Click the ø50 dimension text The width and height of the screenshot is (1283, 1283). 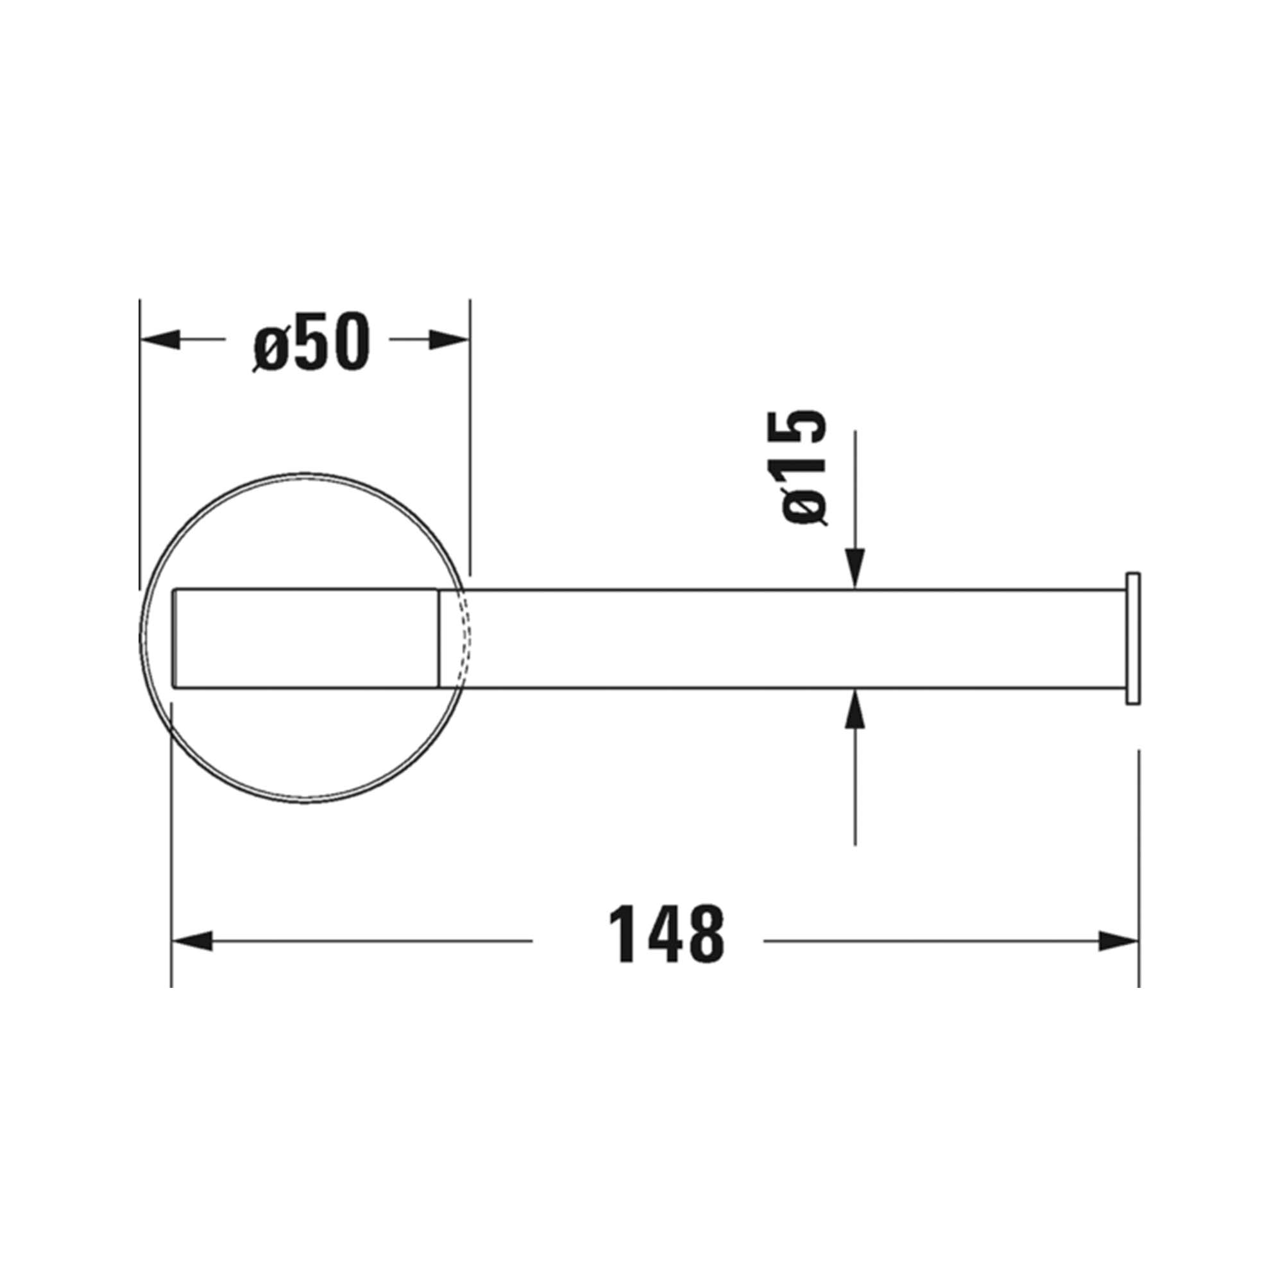[310, 341]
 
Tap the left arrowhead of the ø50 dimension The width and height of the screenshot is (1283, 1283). [160, 340]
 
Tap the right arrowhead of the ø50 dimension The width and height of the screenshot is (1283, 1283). [450, 340]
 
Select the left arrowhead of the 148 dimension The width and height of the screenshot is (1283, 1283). [192, 941]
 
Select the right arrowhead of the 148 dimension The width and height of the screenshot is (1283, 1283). [1118, 941]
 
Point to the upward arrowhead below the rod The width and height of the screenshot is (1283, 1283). [855, 709]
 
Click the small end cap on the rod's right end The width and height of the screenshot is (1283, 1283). [1132, 638]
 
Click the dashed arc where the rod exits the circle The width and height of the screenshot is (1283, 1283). [467, 638]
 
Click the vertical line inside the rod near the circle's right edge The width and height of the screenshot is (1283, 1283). [439, 638]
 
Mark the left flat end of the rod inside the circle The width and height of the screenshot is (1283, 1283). [174, 638]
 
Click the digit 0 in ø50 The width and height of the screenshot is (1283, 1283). [347, 341]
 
